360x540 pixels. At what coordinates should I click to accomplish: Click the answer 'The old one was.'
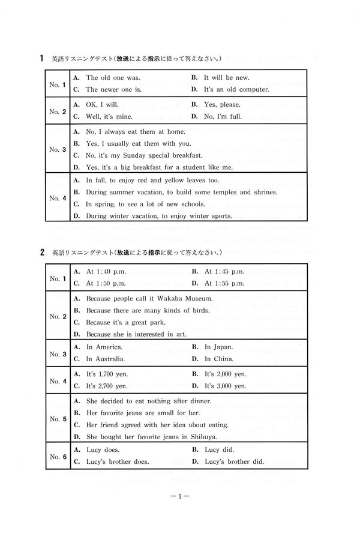tap(113, 78)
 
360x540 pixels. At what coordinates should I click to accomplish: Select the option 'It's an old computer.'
tap(236, 90)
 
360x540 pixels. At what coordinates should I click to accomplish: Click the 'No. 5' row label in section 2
tap(57, 418)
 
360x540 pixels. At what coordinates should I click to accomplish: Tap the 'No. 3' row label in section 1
tap(57, 149)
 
